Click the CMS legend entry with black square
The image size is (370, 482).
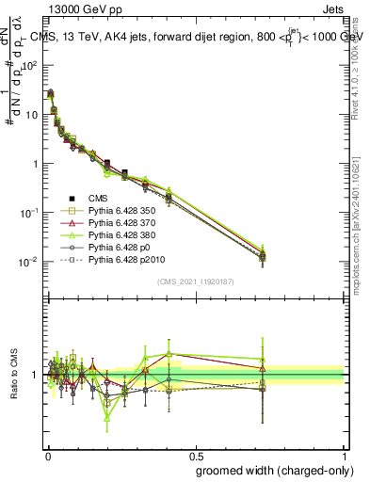(x=96, y=199)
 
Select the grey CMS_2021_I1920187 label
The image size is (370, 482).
(x=196, y=280)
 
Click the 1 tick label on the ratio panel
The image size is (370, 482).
(x=36, y=375)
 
